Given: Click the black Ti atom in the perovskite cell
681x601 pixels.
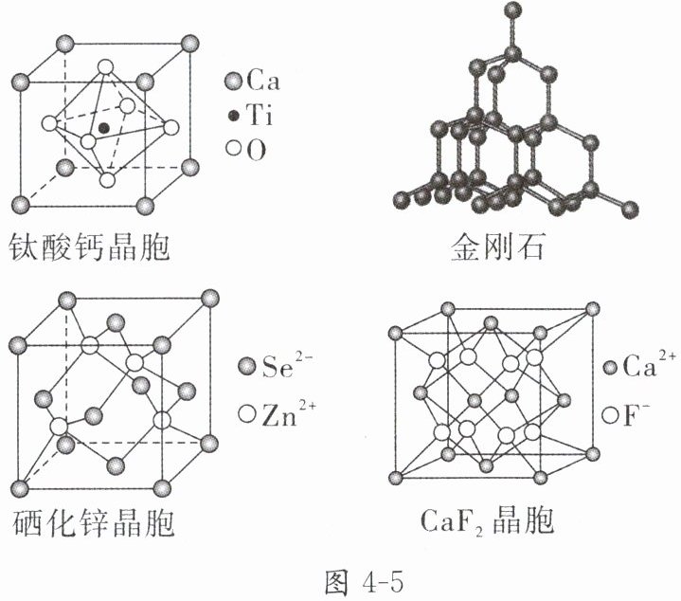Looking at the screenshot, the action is click(103, 126).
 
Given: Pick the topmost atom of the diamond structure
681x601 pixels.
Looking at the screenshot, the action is click(513, 12).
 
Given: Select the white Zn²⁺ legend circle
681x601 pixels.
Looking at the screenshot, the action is click(248, 413).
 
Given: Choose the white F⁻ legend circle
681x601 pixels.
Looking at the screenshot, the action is click(610, 413).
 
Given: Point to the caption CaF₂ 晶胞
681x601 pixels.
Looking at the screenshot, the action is click(489, 522).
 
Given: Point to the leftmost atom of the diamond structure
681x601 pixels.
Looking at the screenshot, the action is click(402, 200).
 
